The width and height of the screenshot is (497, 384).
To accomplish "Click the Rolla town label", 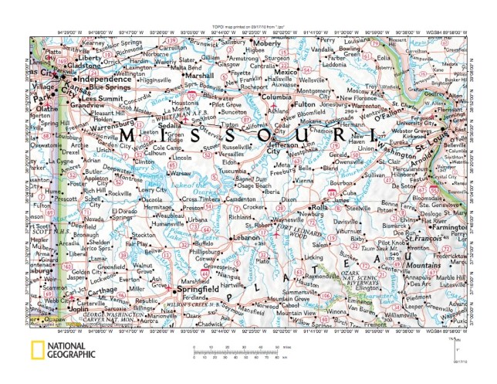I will (x=319, y=207).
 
